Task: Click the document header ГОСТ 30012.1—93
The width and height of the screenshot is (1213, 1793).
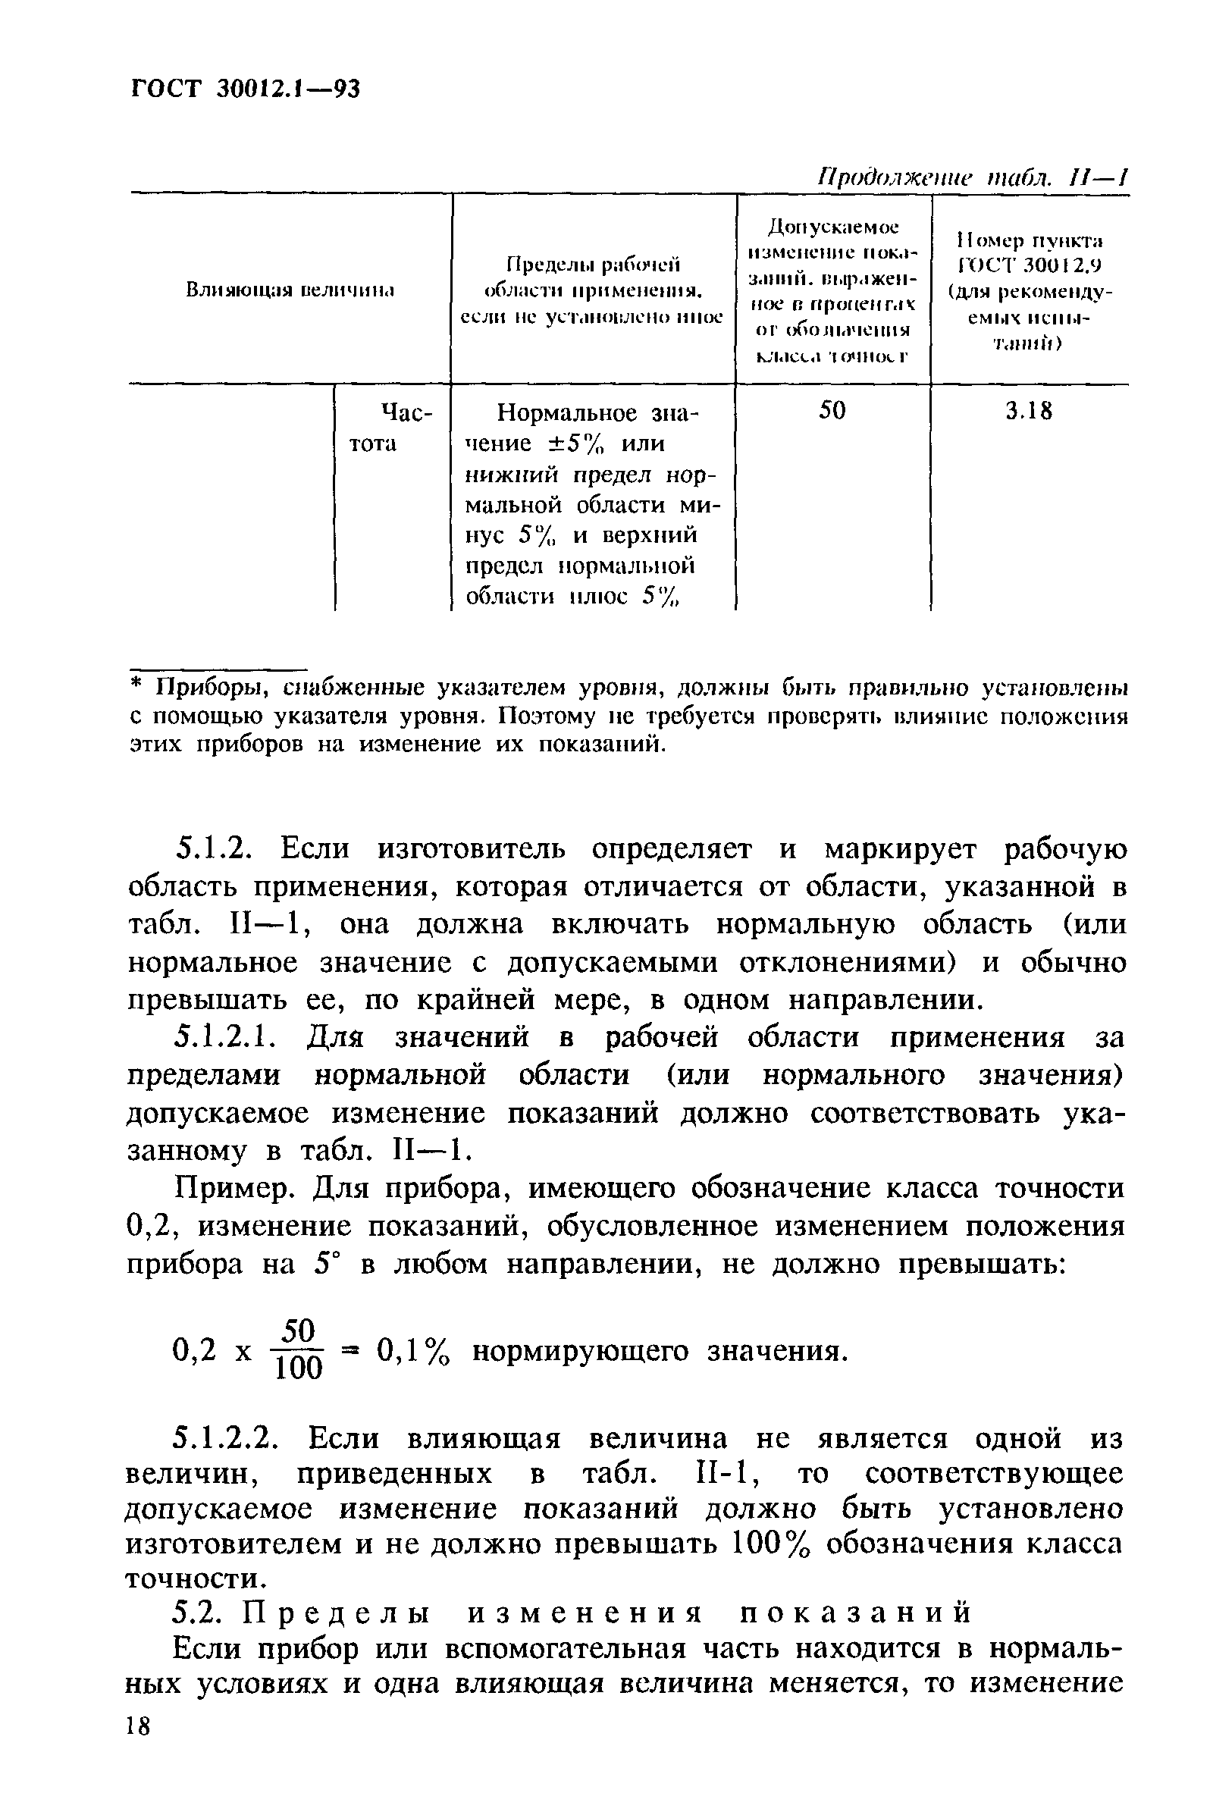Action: coord(245,89)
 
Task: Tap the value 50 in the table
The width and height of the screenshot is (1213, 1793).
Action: coord(832,410)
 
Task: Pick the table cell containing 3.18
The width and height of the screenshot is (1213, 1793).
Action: coord(1029,411)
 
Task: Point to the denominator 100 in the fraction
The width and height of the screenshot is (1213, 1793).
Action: coord(299,1368)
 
